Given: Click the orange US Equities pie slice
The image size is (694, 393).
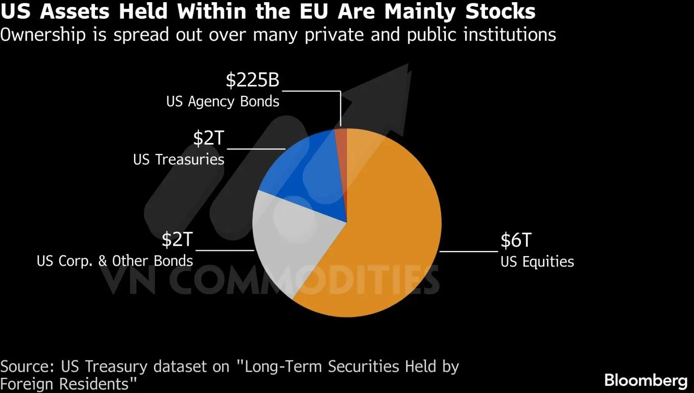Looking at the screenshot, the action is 381,235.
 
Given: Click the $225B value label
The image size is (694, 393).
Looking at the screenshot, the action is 252,80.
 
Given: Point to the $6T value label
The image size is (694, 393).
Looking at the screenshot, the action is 516,240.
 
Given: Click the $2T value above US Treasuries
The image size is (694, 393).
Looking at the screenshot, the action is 209,138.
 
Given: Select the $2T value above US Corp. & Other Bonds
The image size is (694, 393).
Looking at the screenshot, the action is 177,239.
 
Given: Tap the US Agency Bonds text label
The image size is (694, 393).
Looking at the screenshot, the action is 223,102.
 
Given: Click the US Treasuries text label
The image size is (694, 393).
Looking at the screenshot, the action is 179,160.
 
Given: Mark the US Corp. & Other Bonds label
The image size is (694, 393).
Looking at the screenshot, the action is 115,261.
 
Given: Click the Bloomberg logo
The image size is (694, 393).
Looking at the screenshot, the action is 646,380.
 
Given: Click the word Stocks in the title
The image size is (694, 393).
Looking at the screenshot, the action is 501,11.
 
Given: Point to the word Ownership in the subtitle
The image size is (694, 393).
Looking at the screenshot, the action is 43,35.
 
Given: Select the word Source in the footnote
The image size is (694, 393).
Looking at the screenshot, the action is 27,367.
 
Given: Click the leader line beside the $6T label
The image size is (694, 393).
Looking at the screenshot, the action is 468,251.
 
